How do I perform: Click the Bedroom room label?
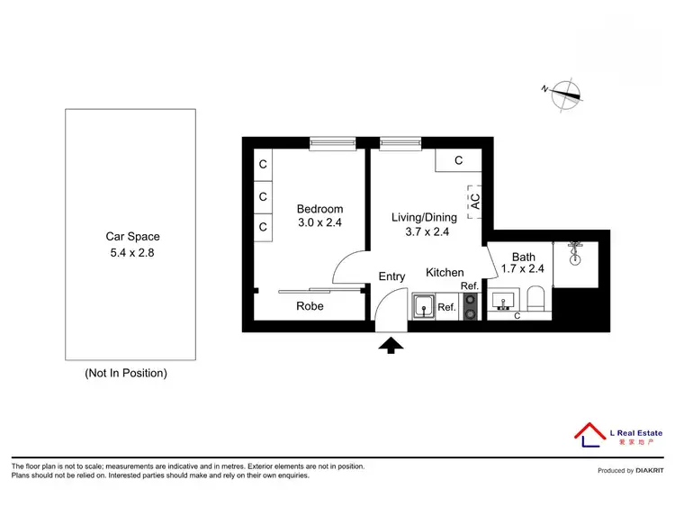[319, 210]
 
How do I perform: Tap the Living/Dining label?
[424, 217]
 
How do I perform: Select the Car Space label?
[132, 237]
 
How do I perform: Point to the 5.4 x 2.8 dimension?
[132, 253]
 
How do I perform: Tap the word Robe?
[310, 306]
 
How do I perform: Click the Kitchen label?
[445, 273]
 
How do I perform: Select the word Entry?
[391, 276]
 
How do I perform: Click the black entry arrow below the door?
[391, 344]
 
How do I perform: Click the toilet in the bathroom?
[537, 299]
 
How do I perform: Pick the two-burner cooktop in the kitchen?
[471, 306]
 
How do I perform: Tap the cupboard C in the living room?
[458, 161]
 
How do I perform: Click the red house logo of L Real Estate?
[589, 433]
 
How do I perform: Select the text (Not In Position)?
[126, 372]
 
